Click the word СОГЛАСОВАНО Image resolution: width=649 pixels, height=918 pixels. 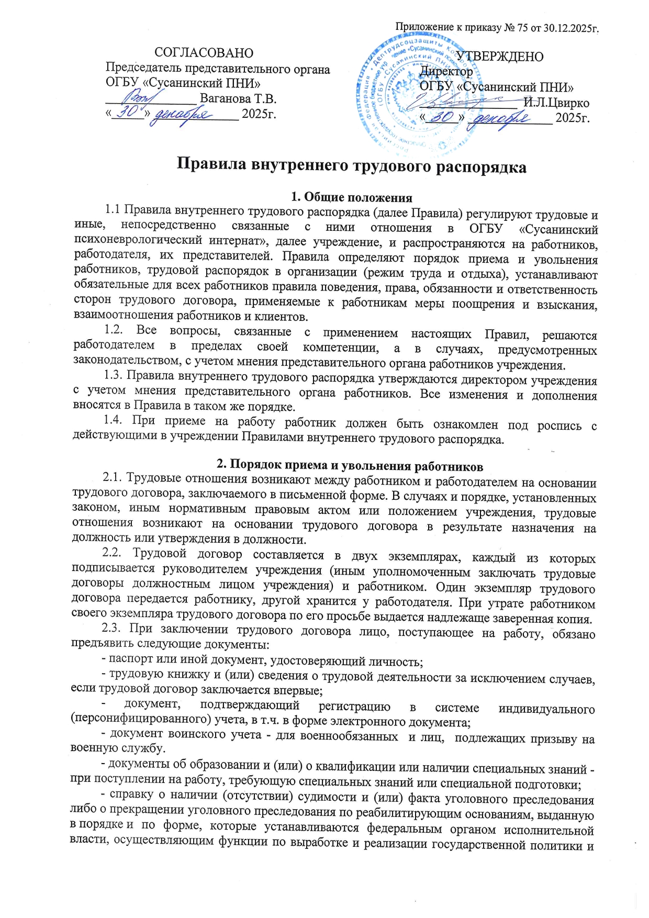(204, 53)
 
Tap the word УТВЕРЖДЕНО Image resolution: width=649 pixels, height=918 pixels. (500, 57)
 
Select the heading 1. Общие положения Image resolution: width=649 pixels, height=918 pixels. (351, 197)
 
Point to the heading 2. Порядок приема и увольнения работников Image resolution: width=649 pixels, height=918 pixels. (350, 465)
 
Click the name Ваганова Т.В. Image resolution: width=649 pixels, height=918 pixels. (238, 99)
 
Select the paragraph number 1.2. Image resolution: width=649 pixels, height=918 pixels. (114, 331)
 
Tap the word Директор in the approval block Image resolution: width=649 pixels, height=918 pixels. (446, 71)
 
